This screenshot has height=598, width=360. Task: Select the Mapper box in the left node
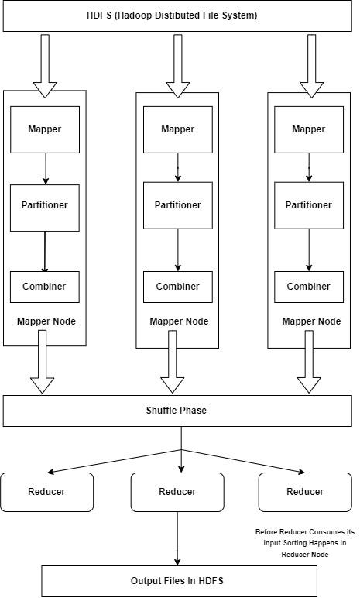coord(44,129)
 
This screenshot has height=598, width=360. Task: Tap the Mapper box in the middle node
coord(177,129)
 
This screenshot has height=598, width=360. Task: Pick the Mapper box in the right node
coord(308,129)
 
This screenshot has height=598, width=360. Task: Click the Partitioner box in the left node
coord(44,206)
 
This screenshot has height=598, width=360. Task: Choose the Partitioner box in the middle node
coord(177,205)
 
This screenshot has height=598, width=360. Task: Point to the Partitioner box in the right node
coord(308,205)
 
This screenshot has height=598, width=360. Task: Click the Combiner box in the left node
coord(44,287)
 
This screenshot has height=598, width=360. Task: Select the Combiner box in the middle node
coord(177,287)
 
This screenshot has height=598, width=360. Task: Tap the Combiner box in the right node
coord(308,287)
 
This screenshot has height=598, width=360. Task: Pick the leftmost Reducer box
coord(46,492)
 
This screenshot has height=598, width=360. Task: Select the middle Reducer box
coord(177,492)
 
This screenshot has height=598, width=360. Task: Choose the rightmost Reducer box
coord(304,492)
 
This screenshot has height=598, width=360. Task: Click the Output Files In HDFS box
coord(179,580)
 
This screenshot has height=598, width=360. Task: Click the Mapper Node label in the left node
coord(46,321)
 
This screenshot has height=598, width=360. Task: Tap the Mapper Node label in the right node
coord(311,321)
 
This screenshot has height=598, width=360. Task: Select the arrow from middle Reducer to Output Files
coord(178,538)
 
